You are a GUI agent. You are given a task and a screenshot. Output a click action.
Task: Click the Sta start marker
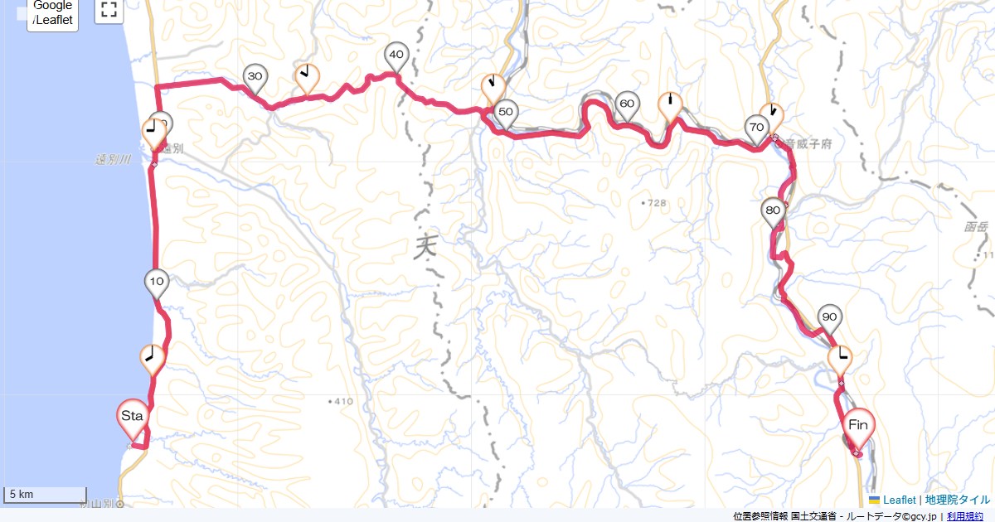[x=133, y=416]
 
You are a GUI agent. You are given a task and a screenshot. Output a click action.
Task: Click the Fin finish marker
[x=859, y=426]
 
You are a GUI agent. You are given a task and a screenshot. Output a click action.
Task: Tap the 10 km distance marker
[x=157, y=282]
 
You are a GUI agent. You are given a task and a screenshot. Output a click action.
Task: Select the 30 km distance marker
[x=255, y=76]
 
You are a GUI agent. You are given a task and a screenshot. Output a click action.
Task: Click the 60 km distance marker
[x=627, y=104]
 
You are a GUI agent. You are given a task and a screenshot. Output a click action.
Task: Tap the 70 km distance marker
[x=755, y=128]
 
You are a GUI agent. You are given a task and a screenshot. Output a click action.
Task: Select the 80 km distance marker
[x=773, y=210]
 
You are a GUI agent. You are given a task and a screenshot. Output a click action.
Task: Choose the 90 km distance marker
[x=829, y=317]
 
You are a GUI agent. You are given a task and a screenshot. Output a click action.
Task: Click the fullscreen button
[x=109, y=10]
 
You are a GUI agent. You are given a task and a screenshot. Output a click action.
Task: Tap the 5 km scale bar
[x=46, y=495]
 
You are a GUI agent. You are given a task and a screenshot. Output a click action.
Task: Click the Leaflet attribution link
[x=899, y=500]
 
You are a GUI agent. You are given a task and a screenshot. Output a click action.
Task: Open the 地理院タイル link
[x=958, y=500]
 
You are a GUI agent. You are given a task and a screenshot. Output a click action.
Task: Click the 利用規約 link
[x=965, y=516]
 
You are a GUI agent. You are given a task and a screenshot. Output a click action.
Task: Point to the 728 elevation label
[x=656, y=203]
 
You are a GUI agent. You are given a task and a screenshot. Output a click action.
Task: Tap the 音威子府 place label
[x=805, y=143]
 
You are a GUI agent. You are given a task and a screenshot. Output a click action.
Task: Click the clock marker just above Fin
[x=842, y=358]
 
